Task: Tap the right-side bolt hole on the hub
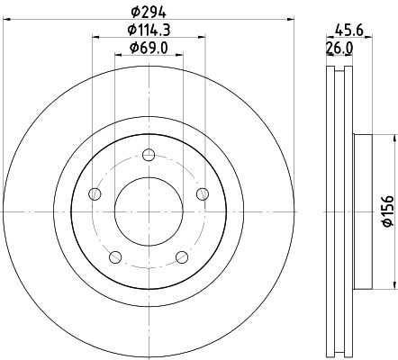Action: [203, 193]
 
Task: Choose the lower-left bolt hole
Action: [115, 257]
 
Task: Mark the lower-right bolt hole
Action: [183, 257]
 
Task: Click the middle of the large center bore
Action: [149, 211]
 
